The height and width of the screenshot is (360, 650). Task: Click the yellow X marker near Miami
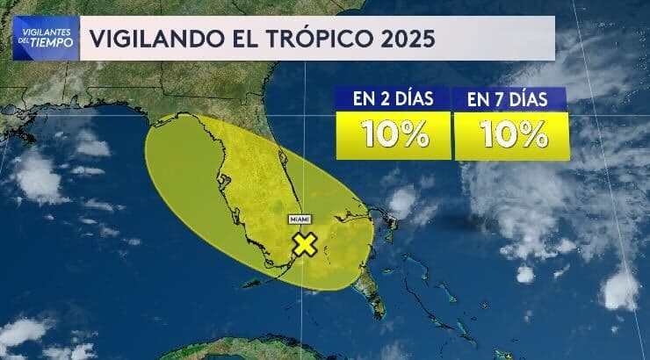click(x=305, y=244)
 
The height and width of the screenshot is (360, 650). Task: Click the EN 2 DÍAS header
click(x=393, y=99)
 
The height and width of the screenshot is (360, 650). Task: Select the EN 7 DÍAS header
click(x=507, y=99)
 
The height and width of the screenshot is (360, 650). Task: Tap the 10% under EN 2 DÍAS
click(x=393, y=134)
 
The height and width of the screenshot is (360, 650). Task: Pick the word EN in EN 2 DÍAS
click(x=363, y=99)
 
